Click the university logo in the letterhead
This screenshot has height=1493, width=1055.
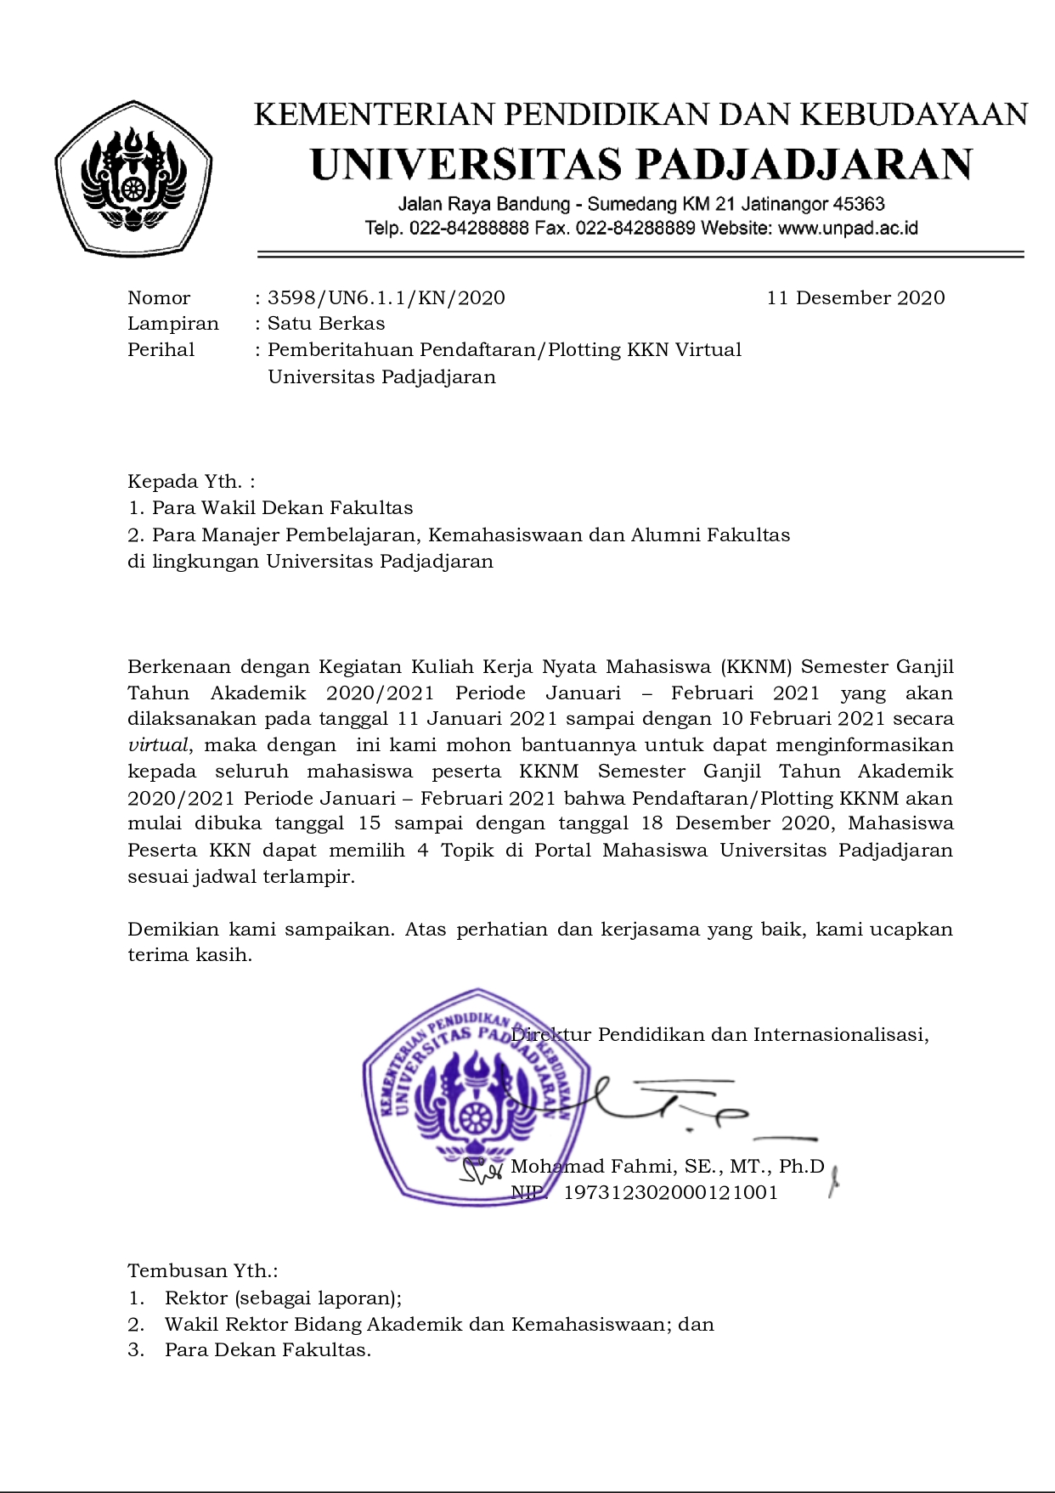[x=133, y=179]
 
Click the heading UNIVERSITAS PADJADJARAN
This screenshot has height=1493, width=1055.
[x=641, y=165]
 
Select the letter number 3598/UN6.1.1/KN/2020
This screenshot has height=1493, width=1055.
[x=386, y=297]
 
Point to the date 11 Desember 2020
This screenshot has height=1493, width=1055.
[x=855, y=297]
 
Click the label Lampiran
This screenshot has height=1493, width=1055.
[x=173, y=324]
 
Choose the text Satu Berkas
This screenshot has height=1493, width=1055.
[x=326, y=324]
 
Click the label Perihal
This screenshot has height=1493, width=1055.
[x=161, y=350]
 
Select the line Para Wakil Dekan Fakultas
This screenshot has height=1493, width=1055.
[x=282, y=508]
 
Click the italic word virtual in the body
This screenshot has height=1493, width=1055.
[x=158, y=745]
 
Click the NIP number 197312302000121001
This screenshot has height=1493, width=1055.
[x=671, y=1192]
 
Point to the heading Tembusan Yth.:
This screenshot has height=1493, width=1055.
[x=203, y=1271]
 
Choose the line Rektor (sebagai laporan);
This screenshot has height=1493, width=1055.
[x=283, y=1298]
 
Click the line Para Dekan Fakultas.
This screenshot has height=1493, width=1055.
[x=268, y=1350]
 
